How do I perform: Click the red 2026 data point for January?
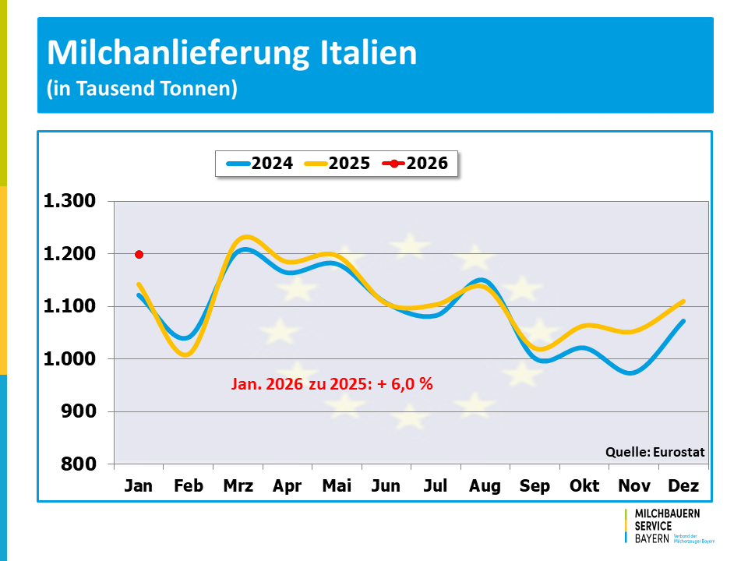tap(139, 254)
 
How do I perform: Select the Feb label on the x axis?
tap(189, 486)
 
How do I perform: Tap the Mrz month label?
tap(238, 486)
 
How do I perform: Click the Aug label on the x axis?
tap(485, 486)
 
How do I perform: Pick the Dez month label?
tap(683, 486)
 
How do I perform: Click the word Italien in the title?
tap(369, 53)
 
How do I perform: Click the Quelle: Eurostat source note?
tap(654, 452)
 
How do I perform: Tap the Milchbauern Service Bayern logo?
tap(669, 526)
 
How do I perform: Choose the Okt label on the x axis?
tap(584, 486)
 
